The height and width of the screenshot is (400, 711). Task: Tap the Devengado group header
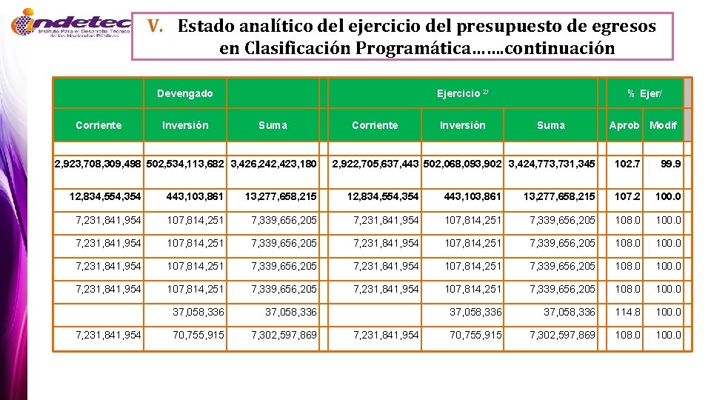click(184, 93)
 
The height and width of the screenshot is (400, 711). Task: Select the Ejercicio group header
click(462, 93)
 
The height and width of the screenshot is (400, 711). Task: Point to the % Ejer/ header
click(644, 93)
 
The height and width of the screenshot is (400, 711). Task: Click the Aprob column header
click(624, 125)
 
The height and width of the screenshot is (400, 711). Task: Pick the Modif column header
click(663, 125)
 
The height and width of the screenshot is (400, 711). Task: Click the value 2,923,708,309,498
click(100, 163)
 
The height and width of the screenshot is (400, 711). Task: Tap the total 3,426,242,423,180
click(274, 163)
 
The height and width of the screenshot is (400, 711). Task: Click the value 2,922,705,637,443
click(376, 163)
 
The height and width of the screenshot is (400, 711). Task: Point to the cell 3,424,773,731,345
click(551, 163)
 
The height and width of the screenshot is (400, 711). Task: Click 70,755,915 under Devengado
click(198, 335)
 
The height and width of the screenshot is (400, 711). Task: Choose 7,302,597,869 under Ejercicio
click(562, 335)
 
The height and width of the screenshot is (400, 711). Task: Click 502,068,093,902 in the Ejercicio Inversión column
click(464, 163)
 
